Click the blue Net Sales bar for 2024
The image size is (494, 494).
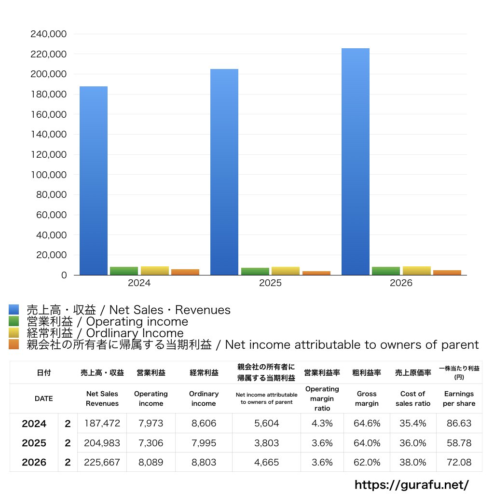pos(94,180)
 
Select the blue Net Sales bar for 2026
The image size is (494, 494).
pos(356,162)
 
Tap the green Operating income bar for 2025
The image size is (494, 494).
pos(255,271)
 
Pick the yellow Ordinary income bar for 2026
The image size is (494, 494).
pos(416,271)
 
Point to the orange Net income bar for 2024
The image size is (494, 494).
pos(185,272)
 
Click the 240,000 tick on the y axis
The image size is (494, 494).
pos(49,34)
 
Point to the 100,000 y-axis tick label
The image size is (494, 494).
pos(49,175)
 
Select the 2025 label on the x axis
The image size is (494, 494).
pos(270,283)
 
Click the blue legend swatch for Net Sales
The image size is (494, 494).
pos(14,309)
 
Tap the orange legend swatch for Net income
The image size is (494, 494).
pos(14,344)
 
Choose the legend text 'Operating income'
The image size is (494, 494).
pos(137,322)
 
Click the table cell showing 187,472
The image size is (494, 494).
pos(102,423)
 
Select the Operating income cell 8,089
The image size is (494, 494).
pos(151,462)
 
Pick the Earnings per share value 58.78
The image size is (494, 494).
pos(459,443)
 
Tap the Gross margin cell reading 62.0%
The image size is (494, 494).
pos(367,462)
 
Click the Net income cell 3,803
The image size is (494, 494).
pos(266,443)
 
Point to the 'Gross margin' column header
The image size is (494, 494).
pos(367,398)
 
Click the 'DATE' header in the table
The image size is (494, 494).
pos(44,398)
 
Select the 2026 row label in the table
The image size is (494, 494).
pos(34,462)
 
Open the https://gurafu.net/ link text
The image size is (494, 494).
pos(412,485)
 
